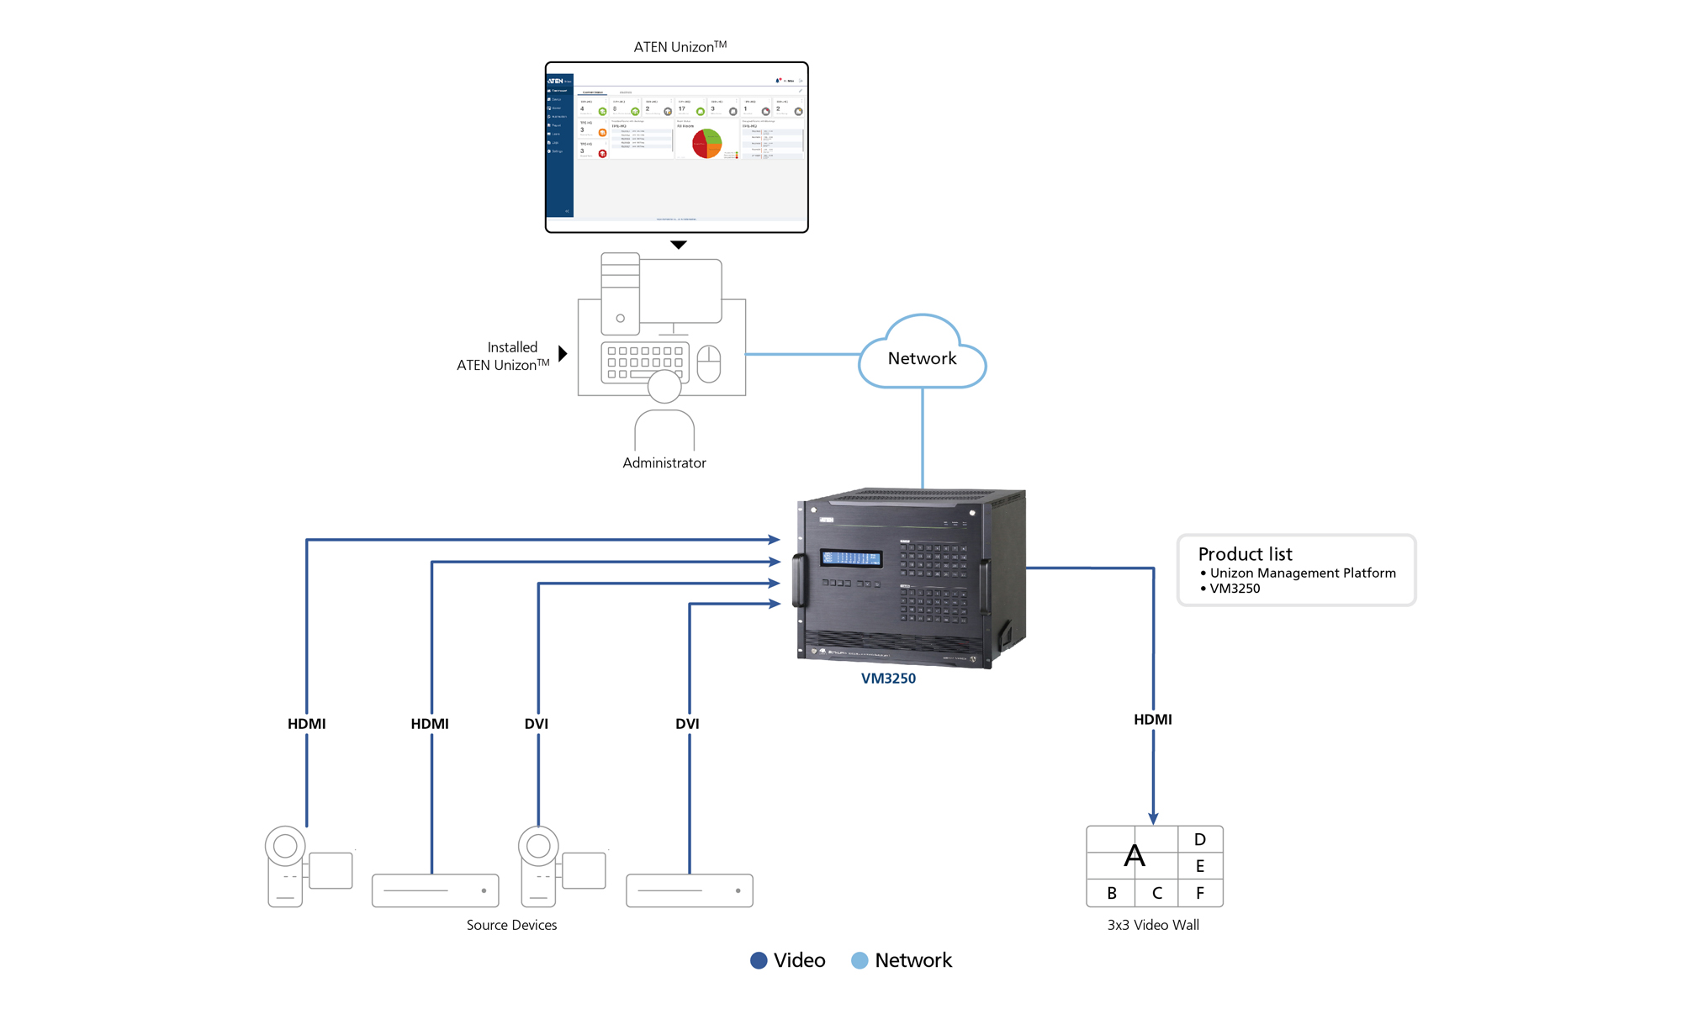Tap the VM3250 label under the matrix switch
pos(888,679)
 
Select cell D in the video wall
pos(1199,839)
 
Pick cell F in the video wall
pos(1199,893)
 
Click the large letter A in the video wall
pos(1134,856)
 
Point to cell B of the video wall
pos(1111,893)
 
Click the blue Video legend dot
pos(759,960)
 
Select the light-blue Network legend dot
pos(859,960)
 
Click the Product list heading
pos(1245,554)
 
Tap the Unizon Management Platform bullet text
pos(1302,573)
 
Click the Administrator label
pos(664,462)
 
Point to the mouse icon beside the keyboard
pos(709,363)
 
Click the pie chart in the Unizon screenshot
pos(706,144)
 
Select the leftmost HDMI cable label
pos(306,723)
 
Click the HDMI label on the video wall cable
pos(1152,719)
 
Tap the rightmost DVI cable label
pos(687,723)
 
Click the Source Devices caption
pos(511,925)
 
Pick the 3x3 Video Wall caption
pos(1153,925)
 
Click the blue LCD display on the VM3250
pos(851,558)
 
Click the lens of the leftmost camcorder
pos(285,846)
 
